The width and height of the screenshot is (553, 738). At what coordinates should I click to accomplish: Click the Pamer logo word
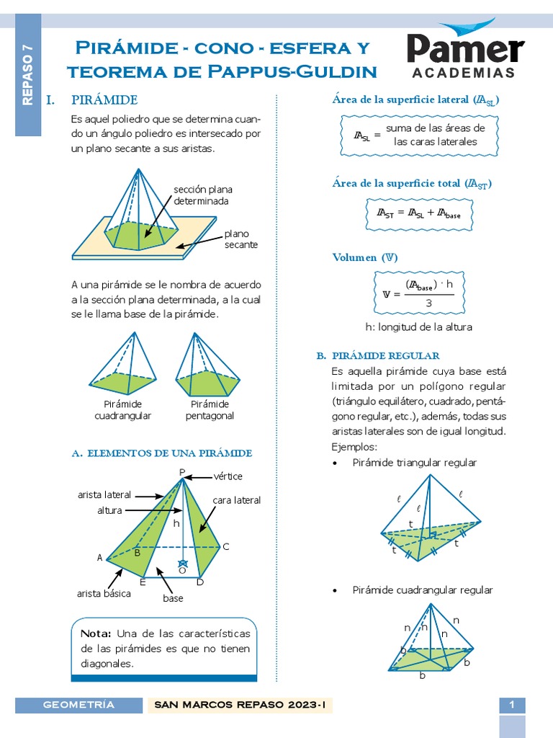pyautogui.click(x=465, y=49)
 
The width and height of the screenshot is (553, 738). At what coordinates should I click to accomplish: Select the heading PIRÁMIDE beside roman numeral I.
pyautogui.click(x=104, y=99)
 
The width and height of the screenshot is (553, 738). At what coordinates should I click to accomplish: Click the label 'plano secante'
pyautogui.click(x=240, y=239)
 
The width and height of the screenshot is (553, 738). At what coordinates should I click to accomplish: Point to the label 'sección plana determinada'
pyautogui.click(x=202, y=195)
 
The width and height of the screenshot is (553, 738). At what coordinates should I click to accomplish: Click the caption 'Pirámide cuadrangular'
pyautogui.click(x=123, y=410)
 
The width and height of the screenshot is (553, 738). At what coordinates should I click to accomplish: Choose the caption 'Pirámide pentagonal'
pyautogui.click(x=210, y=410)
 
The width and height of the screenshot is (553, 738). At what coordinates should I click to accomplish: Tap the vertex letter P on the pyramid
pyautogui.click(x=182, y=473)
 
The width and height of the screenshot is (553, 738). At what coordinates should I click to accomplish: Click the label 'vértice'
pyautogui.click(x=228, y=476)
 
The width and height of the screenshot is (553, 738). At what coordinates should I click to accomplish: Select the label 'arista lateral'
pyautogui.click(x=104, y=495)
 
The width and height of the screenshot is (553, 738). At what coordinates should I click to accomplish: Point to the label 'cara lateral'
pyautogui.click(x=236, y=500)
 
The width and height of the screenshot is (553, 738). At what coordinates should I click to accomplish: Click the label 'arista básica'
pyautogui.click(x=104, y=594)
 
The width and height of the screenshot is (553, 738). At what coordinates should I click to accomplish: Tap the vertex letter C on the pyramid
pyautogui.click(x=225, y=547)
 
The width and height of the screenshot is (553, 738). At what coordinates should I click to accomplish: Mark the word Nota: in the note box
pyautogui.click(x=95, y=633)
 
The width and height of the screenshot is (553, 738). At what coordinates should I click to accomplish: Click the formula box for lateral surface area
pyautogui.click(x=408, y=135)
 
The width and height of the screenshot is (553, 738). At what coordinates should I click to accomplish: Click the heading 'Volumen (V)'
pyautogui.click(x=365, y=257)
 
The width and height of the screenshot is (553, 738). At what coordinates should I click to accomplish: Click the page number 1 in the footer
pyautogui.click(x=512, y=705)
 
